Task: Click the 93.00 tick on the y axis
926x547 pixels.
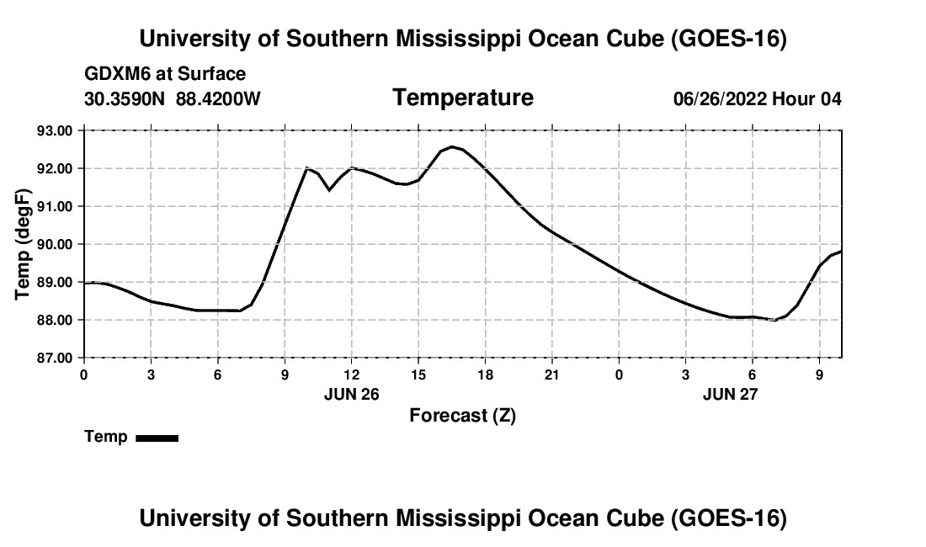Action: [55, 130]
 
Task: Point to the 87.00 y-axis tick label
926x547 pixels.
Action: [55, 358]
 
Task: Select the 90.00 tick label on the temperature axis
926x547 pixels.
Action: [55, 244]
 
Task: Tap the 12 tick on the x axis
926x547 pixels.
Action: [351, 375]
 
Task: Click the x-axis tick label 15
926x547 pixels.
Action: [418, 375]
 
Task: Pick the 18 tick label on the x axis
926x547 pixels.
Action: [485, 375]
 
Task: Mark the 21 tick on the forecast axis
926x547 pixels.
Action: [551, 375]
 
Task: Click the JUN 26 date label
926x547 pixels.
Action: [351, 394]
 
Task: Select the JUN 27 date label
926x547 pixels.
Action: [730, 394]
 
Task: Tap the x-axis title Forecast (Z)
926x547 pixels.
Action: [462, 416]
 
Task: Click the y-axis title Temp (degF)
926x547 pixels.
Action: [23, 244]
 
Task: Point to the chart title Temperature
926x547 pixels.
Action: [463, 98]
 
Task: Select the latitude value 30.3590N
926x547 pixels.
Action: [125, 98]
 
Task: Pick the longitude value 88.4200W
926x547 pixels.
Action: [218, 98]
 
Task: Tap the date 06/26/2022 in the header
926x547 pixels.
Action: [720, 98]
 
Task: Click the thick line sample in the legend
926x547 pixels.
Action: [157, 438]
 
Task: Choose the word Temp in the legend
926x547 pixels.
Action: [106, 437]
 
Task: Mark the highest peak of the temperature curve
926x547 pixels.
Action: [452, 146]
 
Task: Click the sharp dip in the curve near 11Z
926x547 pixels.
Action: [329, 189]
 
